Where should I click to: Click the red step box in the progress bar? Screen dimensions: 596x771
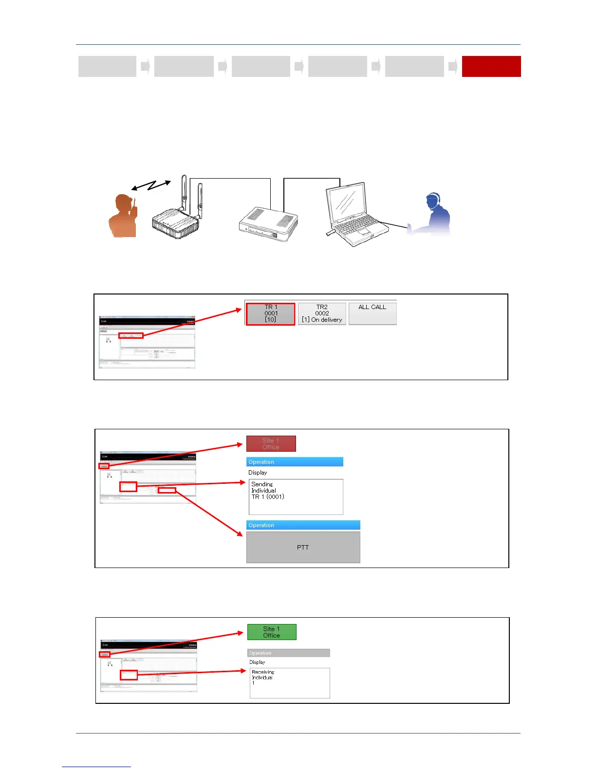[x=491, y=66]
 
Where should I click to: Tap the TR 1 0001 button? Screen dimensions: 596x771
[x=271, y=313]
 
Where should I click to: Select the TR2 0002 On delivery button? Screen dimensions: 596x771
[x=322, y=313]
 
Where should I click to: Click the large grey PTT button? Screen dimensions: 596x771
[x=303, y=547]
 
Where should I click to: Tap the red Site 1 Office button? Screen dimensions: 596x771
[x=271, y=443]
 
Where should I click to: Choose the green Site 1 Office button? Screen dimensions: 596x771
[x=272, y=632]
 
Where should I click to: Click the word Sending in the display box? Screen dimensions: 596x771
[x=262, y=484]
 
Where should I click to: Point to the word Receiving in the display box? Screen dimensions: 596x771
[x=263, y=672]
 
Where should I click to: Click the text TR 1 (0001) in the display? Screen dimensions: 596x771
[x=268, y=497]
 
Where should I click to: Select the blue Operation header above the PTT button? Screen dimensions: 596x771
[x=303, y=525]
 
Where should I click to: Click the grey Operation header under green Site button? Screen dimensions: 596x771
[x=288, y=653]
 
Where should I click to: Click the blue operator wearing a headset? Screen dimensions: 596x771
[x=433, y=215]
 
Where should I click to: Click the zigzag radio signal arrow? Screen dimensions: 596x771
[x=151, y=185]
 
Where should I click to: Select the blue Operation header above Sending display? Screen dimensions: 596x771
[x=295, y=462]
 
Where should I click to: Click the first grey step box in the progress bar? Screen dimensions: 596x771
[x=107, y=66]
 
